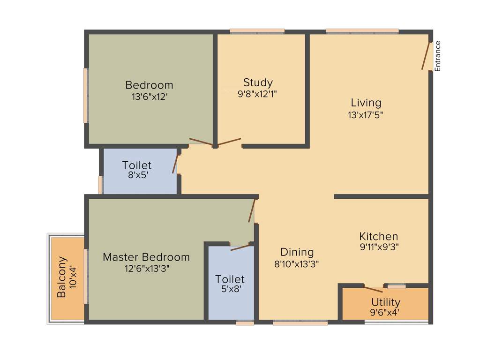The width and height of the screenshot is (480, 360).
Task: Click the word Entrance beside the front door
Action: pos(438,56)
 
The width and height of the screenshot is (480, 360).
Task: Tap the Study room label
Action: pos(258,83)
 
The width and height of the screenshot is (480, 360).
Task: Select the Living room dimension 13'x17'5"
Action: pos(366,115)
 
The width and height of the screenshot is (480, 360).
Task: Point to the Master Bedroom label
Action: pos(146,257)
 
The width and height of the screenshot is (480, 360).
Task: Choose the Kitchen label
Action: pos(378,236)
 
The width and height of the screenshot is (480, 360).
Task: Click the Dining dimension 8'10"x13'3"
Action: pos(296,263)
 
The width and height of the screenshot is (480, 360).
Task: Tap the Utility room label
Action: pos(385,302)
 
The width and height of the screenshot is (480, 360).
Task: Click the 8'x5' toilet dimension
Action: pos(137,176)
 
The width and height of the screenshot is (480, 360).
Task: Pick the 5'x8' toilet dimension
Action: pos(230,290)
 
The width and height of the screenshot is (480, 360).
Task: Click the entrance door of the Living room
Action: pos(426,57)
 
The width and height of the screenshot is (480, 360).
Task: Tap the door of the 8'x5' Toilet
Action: pos(175,162)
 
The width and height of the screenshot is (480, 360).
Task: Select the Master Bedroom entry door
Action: pos(252,210)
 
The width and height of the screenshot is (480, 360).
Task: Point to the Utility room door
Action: pos(374,289)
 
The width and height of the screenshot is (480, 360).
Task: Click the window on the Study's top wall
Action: pos(257,32)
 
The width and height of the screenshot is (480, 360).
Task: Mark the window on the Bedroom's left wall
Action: pos(86,96)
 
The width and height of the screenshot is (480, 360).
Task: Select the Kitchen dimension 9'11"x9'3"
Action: pos(378,246)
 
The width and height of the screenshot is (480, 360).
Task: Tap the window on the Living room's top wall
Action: pos(362,32)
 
